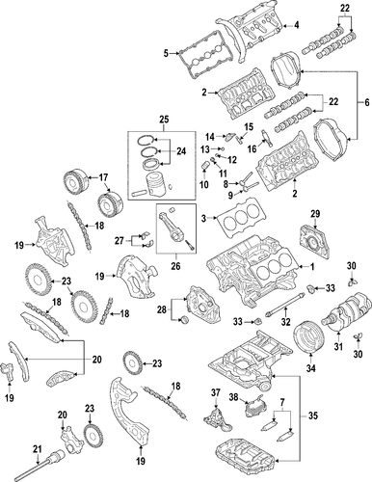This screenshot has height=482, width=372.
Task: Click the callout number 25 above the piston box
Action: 164,120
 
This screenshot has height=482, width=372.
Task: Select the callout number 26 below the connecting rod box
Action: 175,266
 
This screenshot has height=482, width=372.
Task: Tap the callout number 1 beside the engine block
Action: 311,267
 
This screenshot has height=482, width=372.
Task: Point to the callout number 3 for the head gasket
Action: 203,218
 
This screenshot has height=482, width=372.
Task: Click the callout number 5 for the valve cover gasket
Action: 166,53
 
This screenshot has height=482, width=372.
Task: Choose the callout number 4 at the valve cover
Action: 297,25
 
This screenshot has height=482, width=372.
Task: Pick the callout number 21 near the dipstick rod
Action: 38,449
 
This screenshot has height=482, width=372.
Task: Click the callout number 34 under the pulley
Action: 310,368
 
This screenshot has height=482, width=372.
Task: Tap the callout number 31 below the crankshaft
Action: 338,346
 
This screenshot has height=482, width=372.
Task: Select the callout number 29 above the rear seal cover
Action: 315,213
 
